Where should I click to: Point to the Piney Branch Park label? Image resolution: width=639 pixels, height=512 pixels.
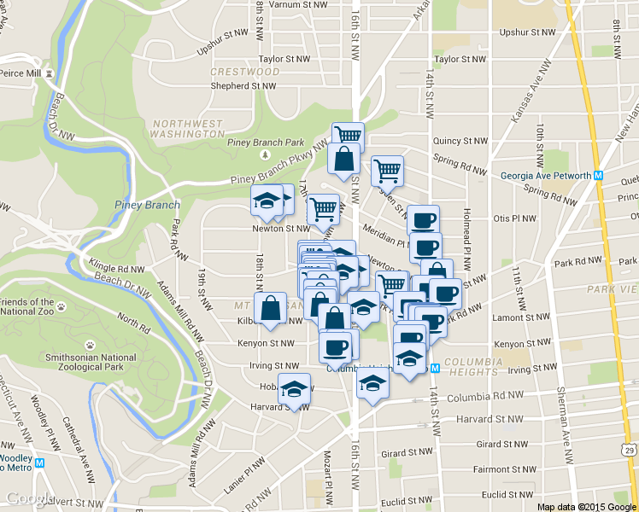point(266,143)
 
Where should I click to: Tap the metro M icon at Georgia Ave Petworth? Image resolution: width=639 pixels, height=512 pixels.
point(599,176)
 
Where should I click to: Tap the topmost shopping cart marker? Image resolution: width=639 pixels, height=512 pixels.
point(348,137)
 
